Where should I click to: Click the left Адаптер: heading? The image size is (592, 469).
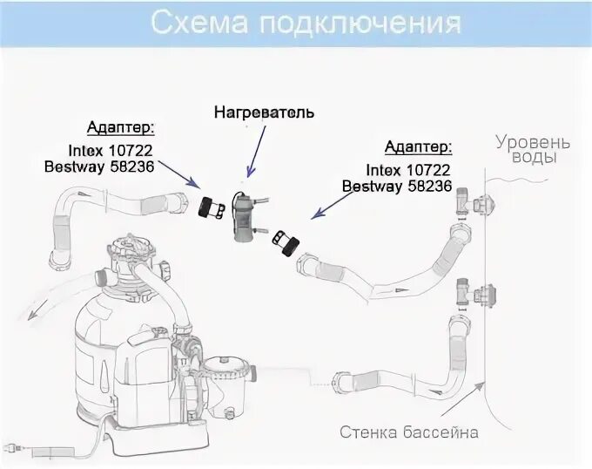pyautogui.click(x=122, y=127)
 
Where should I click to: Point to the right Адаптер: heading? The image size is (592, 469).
pyautogui.click(x=418, y=146)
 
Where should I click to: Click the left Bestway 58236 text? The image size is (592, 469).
pyautogui.click(x=111, y=166)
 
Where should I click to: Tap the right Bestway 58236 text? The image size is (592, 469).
pyautogui.click(x=397, y=186)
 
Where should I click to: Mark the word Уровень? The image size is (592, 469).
pyautogui.click(x=533, y=141)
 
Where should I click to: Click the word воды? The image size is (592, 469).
pyautogui.click(x=533, y=158)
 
